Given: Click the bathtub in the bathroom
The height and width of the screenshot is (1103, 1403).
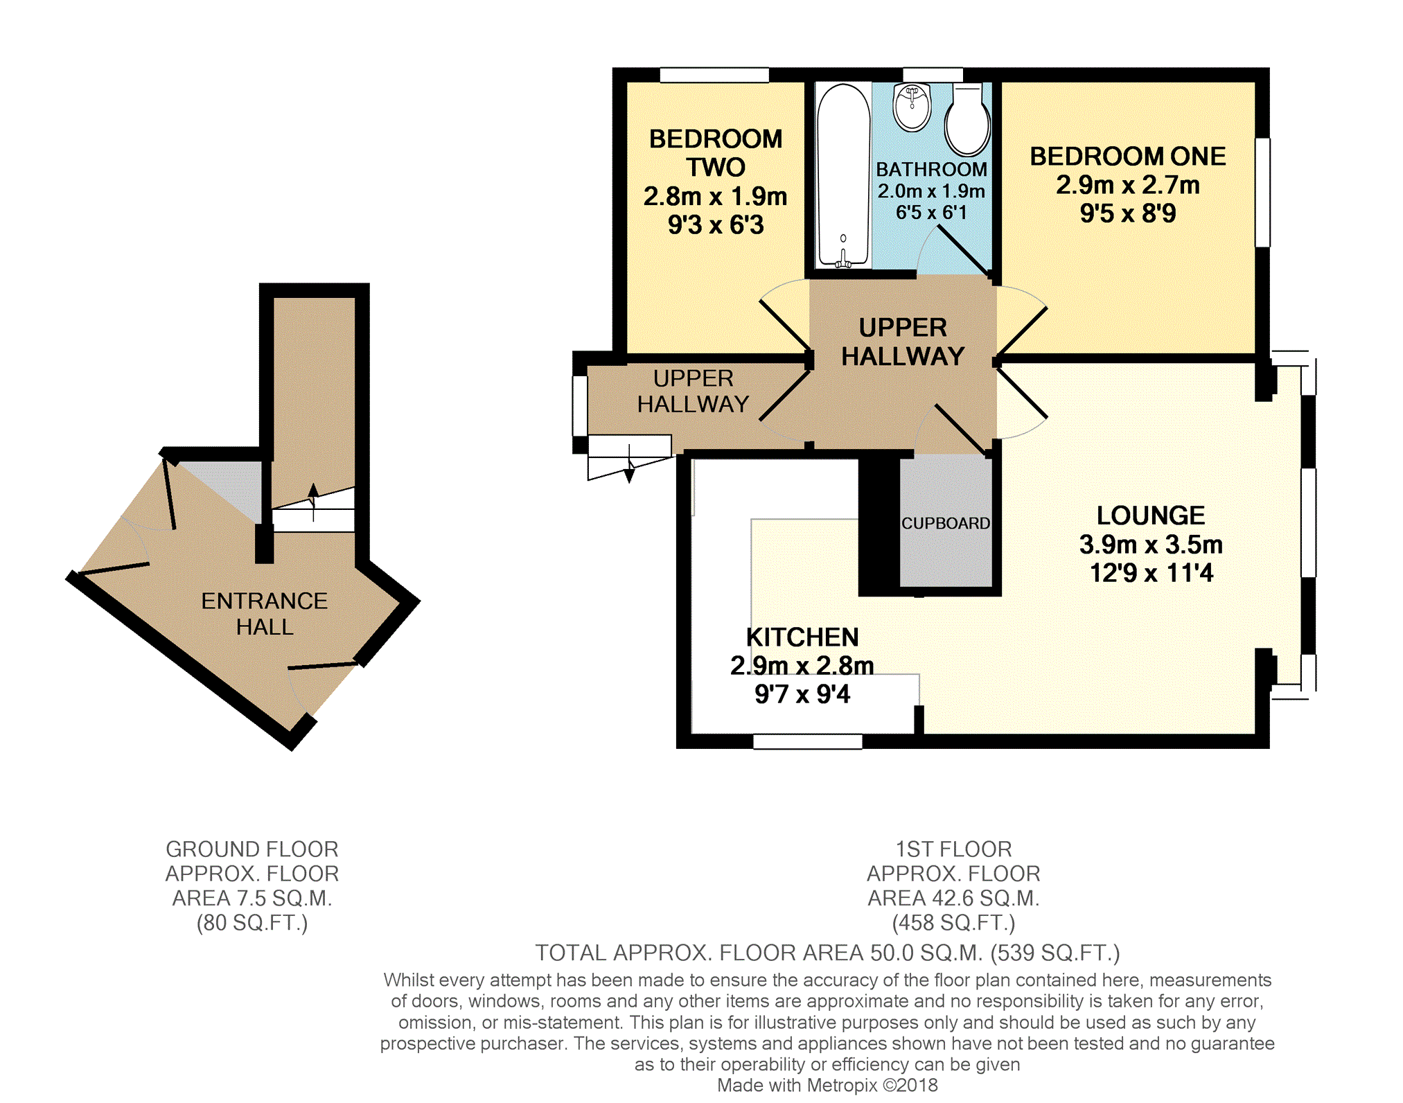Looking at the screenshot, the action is (842, 175).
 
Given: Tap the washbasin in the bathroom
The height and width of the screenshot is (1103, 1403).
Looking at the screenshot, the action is (912, 107).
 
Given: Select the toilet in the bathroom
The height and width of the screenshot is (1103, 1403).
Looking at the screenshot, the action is (967, 119).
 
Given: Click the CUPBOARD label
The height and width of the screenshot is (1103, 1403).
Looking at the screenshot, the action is (946, 523).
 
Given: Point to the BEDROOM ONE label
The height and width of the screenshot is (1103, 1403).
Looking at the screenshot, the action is (1127, 157).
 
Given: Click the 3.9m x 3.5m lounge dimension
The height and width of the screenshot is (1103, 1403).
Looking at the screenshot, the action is (1151, 545).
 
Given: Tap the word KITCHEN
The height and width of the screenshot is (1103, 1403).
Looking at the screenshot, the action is (802, 637).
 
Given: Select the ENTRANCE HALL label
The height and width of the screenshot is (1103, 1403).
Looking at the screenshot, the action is (264, 614).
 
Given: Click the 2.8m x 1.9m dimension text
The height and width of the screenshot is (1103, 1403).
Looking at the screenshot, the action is (715, 197).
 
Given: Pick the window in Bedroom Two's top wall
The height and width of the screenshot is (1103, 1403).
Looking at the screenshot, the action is (714, 75).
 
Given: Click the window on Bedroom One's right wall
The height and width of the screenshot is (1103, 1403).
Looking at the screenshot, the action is (1263, 193).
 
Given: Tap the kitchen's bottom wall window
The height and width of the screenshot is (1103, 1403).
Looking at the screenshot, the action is (808, 741).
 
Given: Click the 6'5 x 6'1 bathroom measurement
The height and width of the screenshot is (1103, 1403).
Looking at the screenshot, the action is (931, 213).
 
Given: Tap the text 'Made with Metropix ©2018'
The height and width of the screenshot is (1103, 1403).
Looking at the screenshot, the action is (827, 1085).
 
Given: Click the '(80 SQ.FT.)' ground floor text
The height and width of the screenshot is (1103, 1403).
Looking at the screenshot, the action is (252, 923).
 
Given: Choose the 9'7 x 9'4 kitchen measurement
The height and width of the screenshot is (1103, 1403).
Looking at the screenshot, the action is (802, 694).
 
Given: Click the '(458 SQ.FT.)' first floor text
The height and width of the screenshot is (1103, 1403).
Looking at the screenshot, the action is (953, 923).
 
